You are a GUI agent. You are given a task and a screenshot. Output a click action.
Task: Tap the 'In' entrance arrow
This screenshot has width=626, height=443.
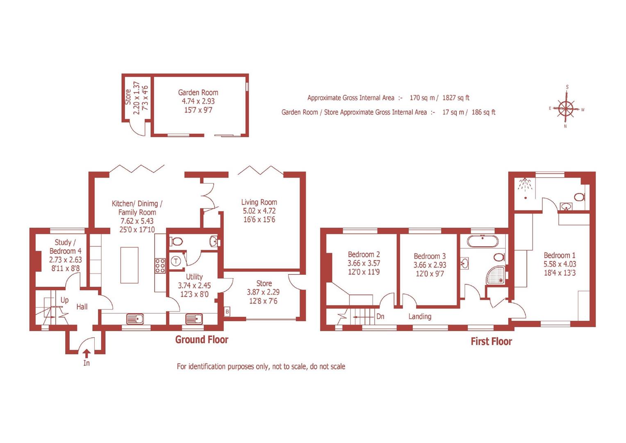(87, 353)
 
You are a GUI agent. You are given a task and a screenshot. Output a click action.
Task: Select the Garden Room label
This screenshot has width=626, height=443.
(198, 93)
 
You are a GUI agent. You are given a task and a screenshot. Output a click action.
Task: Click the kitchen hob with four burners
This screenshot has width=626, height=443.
(160, 265)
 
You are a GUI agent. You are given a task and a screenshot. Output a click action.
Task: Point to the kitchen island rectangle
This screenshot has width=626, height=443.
(130, 265)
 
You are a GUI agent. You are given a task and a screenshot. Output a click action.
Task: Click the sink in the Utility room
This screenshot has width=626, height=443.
(194, 318)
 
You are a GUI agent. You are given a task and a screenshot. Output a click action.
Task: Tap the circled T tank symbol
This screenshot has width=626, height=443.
(176, 261)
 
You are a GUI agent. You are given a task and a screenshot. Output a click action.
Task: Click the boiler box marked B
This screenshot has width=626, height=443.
(227, 312)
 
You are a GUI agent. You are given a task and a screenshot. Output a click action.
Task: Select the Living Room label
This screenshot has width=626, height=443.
(259, 202)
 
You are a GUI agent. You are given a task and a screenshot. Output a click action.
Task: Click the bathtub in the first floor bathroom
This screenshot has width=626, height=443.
(483, 241)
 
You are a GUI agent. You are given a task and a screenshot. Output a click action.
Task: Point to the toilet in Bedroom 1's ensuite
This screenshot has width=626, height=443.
(579, 197)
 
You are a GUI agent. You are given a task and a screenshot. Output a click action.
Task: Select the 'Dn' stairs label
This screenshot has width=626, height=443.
(380, 316)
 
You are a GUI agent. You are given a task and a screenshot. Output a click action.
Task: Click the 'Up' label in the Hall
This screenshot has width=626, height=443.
(64, 300)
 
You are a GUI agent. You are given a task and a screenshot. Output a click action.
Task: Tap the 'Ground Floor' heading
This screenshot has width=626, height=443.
(202, 340)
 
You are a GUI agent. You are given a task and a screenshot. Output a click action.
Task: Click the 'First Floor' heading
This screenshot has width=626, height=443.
(491, 341)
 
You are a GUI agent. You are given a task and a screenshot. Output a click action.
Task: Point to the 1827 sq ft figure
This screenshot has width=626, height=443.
(455, 98)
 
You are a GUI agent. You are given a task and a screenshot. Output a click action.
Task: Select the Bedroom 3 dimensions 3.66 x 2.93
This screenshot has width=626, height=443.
(430, 265)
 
